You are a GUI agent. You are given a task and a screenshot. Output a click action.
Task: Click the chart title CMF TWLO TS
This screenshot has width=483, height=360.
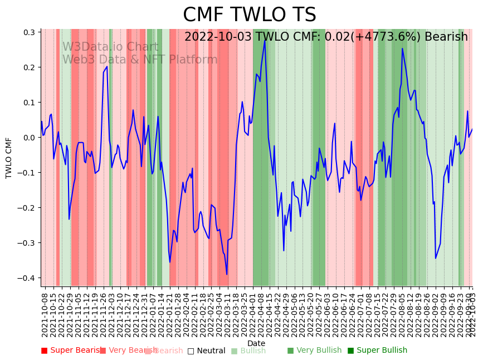(x=249, y=15)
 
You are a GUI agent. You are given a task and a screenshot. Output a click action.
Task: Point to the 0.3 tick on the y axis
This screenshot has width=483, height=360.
(x=28, y=32)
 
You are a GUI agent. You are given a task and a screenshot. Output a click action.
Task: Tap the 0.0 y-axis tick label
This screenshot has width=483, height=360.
(x=28, y=138)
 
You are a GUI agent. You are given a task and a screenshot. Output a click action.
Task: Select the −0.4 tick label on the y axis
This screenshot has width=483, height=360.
(x=26, y=278)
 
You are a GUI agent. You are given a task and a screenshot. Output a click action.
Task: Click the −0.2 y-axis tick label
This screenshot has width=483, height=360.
(x=26, y=208)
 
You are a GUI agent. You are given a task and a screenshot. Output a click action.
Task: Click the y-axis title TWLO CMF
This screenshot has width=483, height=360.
(x=9, y=158)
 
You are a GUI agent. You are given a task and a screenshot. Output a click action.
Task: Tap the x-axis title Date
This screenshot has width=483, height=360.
(x=256, y=343)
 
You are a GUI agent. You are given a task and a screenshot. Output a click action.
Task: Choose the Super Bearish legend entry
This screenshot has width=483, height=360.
(x=72, y=351)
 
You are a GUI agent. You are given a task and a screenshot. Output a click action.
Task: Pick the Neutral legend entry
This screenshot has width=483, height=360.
(x=207, y=351)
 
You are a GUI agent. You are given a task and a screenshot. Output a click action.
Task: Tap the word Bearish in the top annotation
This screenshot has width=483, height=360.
(x=446, y=37)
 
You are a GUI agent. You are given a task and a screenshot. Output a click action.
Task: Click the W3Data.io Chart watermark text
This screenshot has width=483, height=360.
(x=110, y=47)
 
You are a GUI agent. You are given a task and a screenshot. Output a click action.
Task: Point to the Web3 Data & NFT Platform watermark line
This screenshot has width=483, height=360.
(x=140, y=60)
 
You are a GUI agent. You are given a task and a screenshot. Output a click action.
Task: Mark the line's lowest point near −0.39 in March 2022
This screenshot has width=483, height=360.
(x=227, y=274)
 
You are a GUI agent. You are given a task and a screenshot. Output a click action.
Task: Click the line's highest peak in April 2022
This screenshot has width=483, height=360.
(x=265, y=41)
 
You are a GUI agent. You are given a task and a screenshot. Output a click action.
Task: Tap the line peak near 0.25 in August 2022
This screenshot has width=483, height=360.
(x=402, y=48)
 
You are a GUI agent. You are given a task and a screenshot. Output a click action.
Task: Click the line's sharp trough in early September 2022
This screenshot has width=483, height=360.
(x=436, y=258)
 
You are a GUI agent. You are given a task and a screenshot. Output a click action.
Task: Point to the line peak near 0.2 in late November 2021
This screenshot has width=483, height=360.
(x=107, y=66)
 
